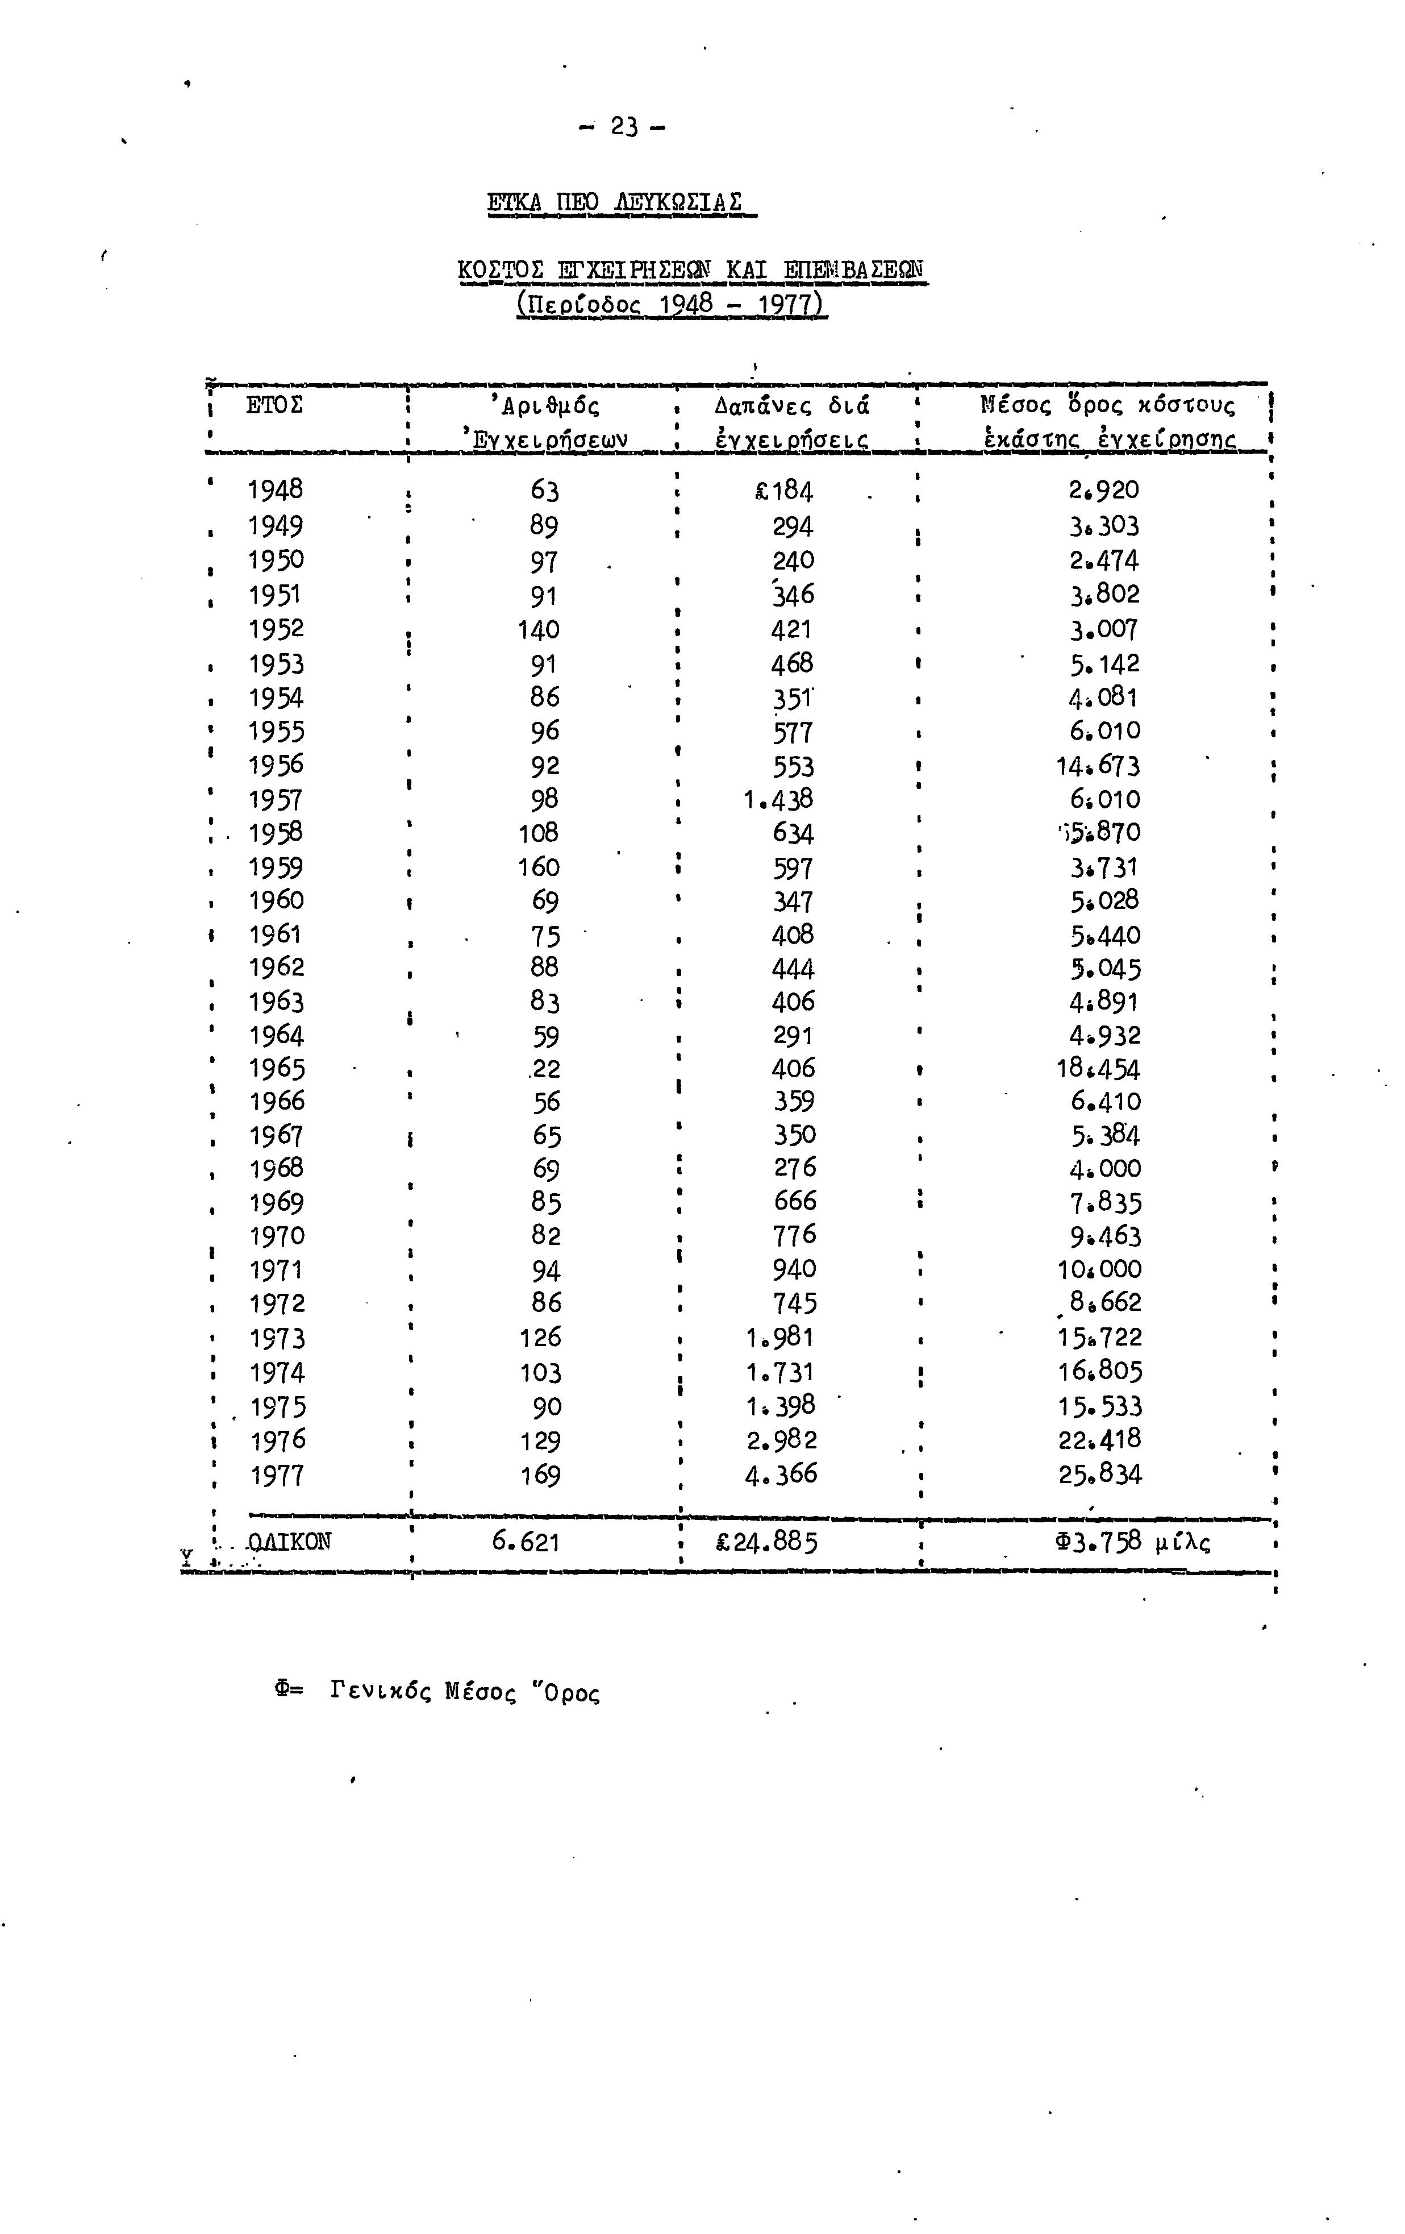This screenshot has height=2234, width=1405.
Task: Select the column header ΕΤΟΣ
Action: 274,405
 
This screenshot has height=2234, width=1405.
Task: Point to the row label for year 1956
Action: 276,765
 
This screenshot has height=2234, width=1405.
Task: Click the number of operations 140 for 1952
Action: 539,630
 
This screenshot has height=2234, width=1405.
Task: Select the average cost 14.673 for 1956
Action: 1098,765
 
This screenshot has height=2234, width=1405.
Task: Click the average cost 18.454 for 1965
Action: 1098,1069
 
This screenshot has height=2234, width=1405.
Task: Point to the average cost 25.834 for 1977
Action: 1101,1474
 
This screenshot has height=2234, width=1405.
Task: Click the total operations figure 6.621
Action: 526,1542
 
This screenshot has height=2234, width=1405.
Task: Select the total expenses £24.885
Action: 767,1542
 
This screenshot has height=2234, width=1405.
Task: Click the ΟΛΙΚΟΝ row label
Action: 289,1542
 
